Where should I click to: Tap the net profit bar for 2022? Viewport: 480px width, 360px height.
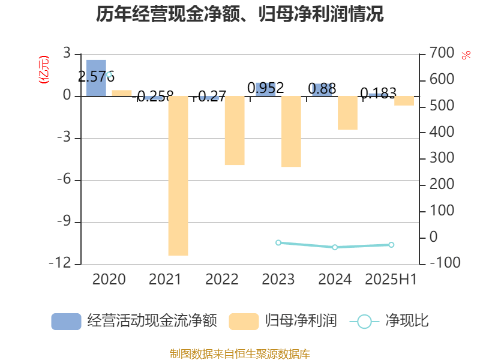[235, 131]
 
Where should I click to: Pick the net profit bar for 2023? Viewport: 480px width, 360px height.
[291, 131]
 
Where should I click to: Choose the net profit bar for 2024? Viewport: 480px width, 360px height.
[347, 113]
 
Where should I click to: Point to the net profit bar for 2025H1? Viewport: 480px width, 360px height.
[404, 101]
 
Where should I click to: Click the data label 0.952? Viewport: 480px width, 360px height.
[266, 88]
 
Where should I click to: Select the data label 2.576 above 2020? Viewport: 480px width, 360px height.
[97, 77]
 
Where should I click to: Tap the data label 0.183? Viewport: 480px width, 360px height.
[378, 93]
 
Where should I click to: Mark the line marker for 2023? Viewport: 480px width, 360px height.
[278, 242]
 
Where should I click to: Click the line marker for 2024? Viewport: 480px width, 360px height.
[335, 247]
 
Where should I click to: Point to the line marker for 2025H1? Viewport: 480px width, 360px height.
[391, 245]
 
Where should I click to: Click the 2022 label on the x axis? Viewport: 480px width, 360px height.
[222, 280]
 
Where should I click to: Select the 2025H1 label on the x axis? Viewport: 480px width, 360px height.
[391, 280]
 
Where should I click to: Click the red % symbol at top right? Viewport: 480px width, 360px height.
[466, 56]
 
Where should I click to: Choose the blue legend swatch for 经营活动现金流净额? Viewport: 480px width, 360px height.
[66, 322]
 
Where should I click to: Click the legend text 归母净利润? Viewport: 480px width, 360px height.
[301, 321]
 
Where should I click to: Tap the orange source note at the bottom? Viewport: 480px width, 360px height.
[240, 353]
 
